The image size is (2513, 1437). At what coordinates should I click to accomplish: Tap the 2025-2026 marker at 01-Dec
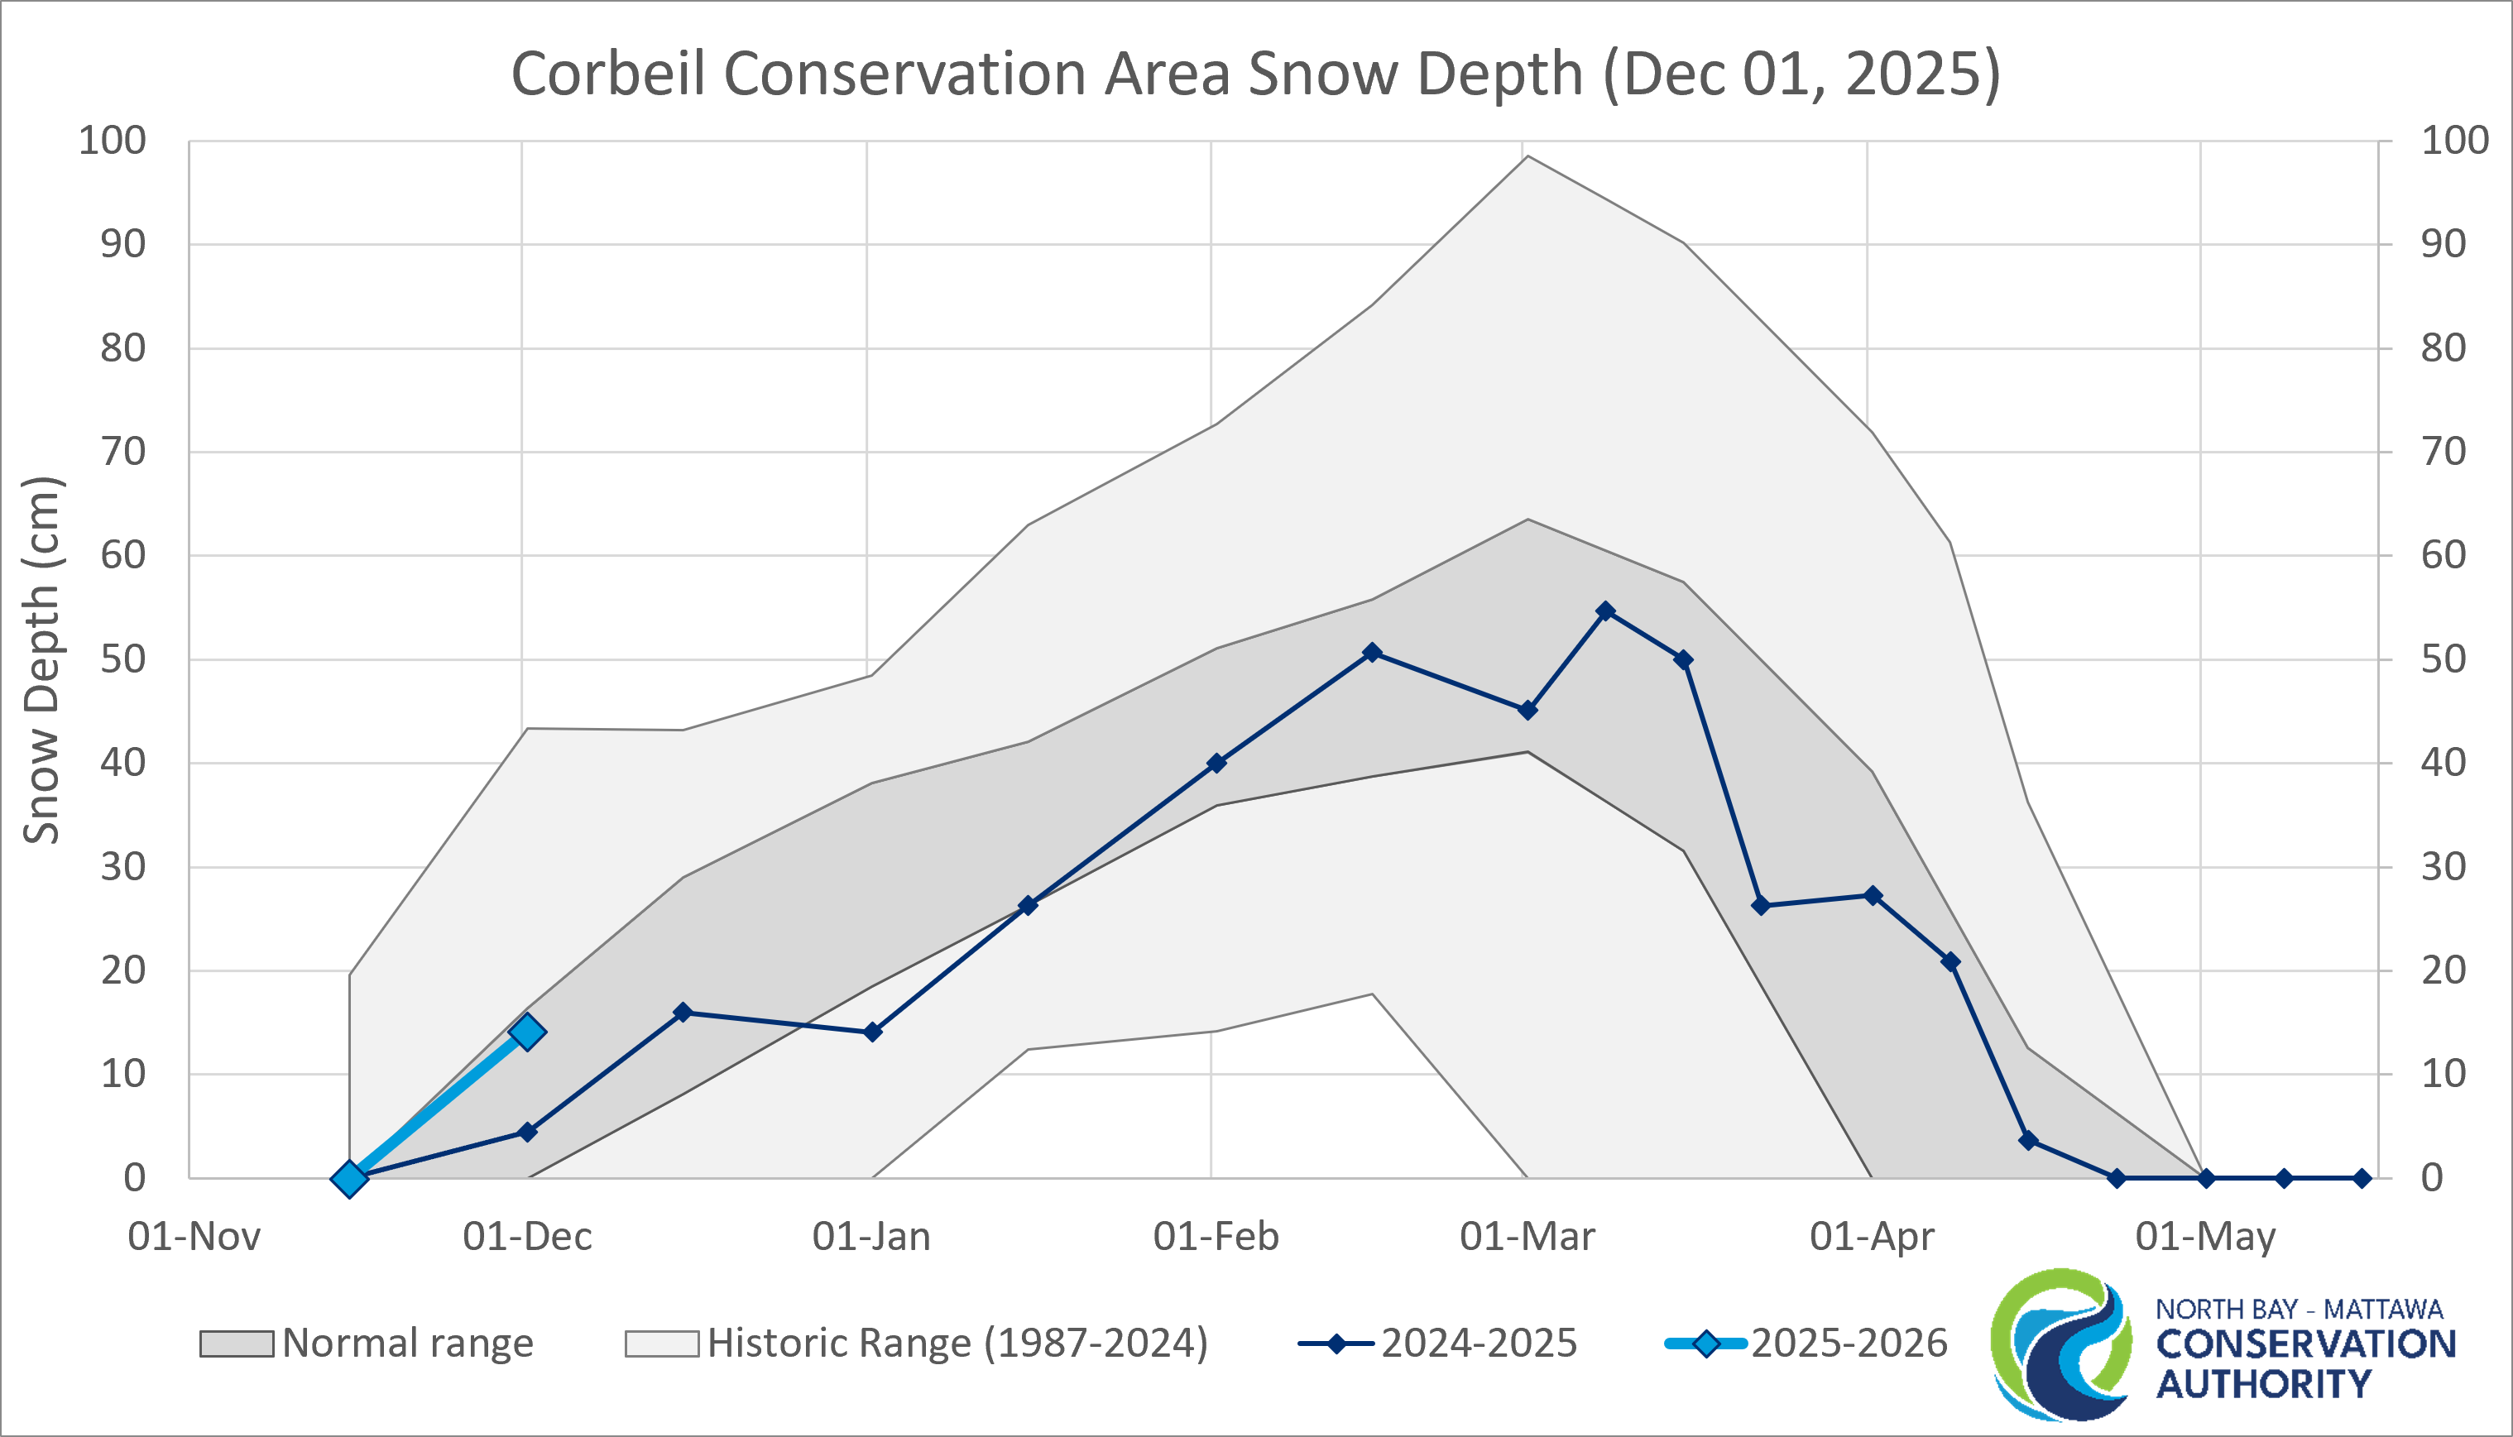pyautogui.click(x=527, y=1032)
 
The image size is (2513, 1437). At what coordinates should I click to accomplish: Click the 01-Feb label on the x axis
pyautogui.click(x=1216, y=1237)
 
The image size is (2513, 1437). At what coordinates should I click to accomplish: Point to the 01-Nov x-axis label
pyautogui.click(x=194, y=1237)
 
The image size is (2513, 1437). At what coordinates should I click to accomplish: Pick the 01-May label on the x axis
pyautogui.click(x=2205, y=1237)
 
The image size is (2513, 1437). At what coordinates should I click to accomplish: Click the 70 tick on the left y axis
pyautogui.click(x=122, y=452)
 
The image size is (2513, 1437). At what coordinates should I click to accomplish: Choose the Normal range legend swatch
pyautogui.click(x=237, y=1344)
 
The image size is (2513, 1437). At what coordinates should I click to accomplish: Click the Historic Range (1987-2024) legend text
pyautogui.click(x=957, y=1344)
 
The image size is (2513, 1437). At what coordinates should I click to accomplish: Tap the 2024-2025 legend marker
pyautogui.click(x=1336, y=1344)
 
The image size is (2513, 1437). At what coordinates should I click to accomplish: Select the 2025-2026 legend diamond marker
pyautogui.click(x=1705, y=1344)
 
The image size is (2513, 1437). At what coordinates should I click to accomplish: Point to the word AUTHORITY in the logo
pyautogui.click(x=2263, y=1385)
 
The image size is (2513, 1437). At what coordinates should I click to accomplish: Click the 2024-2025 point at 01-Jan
pyautogui.click(x=872, y=1032)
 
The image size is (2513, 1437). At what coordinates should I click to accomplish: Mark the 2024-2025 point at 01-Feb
pyautogui.click(x=1216, y=763)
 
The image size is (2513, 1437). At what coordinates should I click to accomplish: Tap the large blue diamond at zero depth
pyautogui.click(x=349, y=1178)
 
